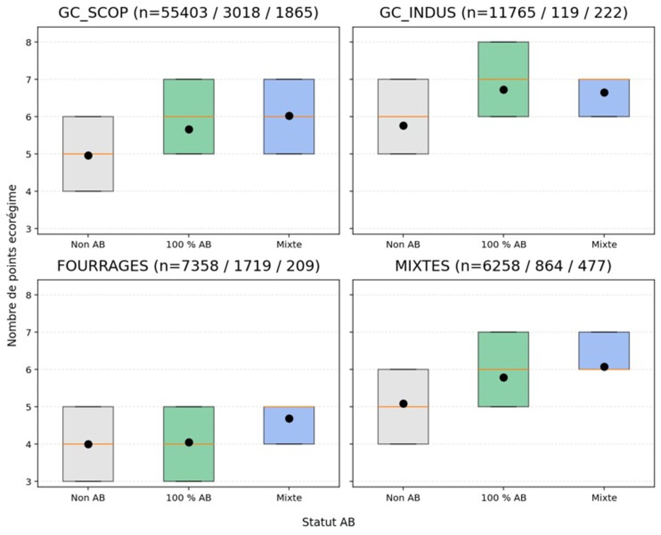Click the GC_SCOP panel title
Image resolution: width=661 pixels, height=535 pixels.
click(188, 13)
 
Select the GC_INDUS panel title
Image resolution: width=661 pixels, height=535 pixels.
click(503, 13)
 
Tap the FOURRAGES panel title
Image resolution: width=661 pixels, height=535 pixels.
click(188, 266)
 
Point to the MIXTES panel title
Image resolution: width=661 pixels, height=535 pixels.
click(503, 266)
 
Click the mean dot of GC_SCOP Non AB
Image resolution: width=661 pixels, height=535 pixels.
click(88, 156)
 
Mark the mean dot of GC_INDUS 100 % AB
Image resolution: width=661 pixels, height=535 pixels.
click(503, 90)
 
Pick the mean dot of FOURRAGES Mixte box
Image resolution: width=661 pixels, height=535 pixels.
click(289, 419)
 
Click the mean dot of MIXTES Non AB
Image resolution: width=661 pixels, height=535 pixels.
click(403, 403)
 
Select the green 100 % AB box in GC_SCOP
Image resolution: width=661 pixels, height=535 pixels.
click(188, 117)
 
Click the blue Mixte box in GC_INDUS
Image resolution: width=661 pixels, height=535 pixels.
click(604, 98)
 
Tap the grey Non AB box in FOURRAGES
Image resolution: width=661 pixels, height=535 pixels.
click(88, 444)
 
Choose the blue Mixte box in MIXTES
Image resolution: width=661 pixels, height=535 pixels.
click(604, 351)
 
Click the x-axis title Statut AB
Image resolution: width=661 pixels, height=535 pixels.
click(328, 522)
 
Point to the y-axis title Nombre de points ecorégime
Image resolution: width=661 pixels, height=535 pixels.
click(12, 266)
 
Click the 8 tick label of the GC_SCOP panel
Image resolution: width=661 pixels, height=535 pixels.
click(29, 42)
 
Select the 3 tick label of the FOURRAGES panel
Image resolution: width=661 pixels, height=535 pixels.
click(29, 482)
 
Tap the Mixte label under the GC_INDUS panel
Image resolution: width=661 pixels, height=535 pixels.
click(604, 245)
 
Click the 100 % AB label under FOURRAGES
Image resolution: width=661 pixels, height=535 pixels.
click(188, 498)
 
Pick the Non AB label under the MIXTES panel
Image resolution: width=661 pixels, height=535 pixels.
click(403, 498)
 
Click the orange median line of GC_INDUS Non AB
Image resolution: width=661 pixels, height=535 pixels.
click(403, 117)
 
